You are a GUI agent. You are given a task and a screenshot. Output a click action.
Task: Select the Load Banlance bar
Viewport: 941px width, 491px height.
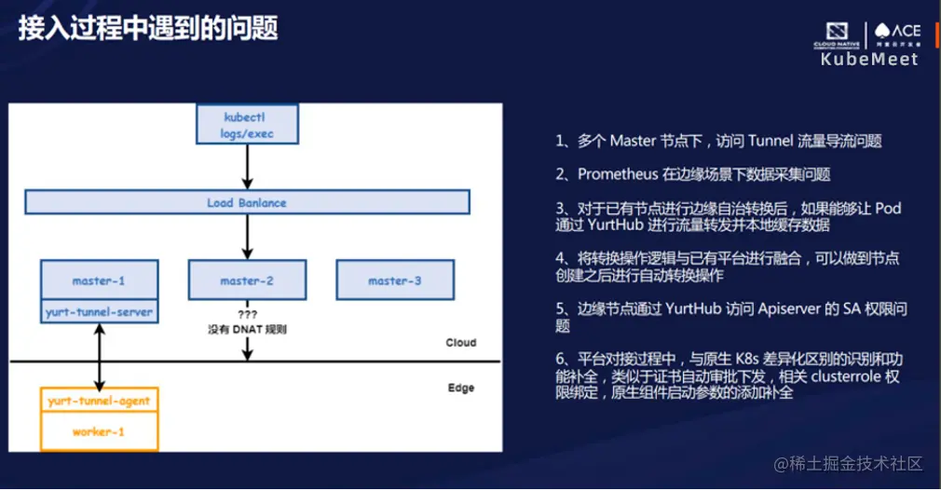click(246, 202)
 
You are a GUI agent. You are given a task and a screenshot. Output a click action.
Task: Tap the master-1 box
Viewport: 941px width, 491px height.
click(99, 280)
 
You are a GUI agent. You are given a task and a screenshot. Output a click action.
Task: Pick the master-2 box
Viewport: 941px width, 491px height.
click(246, 280)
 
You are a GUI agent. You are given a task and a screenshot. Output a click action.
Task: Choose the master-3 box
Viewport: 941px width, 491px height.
click(394, 280)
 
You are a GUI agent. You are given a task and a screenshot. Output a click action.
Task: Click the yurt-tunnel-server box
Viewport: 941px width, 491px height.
click(99, 312)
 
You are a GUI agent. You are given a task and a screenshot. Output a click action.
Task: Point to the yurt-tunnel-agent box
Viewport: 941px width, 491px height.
click(99, 401)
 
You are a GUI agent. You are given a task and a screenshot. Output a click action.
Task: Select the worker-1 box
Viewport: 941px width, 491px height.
click(99, 432)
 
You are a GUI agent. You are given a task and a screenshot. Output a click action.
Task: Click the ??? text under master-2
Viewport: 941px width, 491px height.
click(246, 314)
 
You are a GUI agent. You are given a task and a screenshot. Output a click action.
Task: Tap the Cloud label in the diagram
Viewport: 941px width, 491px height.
click(460, 343)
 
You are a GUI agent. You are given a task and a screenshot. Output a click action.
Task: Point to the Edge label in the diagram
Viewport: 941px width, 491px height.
click(460, 388)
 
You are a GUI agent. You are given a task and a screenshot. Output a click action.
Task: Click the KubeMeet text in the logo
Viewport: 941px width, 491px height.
click(869, 60)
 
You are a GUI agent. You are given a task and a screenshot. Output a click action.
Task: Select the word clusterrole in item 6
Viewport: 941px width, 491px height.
click(852, 376)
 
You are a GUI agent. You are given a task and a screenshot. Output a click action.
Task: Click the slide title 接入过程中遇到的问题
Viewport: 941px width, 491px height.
click(148, 27)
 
